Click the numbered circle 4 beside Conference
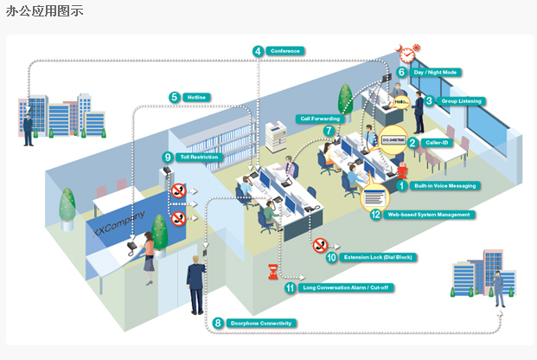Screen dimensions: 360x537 click(258, 51)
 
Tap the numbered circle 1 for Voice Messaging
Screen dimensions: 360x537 click(401, 184)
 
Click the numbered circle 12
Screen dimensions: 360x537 click(375, 215)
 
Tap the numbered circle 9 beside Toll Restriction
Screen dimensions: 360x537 click(167, 157)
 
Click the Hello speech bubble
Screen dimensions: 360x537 click(401, 102)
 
